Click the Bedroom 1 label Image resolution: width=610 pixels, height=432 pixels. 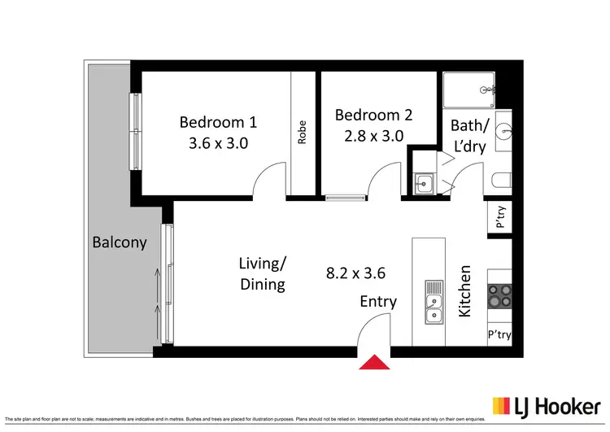pos(218,122)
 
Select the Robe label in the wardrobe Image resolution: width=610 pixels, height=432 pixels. pos(302,133)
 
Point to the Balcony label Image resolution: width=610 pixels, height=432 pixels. pos(120,242)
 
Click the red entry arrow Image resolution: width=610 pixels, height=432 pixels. pos(374,362)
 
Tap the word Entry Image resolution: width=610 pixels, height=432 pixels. pos(378,302)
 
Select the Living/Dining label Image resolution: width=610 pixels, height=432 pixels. pos(262,273)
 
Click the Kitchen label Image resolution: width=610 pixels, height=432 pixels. pos(466,290)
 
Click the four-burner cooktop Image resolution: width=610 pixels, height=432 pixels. pos(499,295)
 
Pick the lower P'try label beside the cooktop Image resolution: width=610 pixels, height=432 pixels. pos(499,334)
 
